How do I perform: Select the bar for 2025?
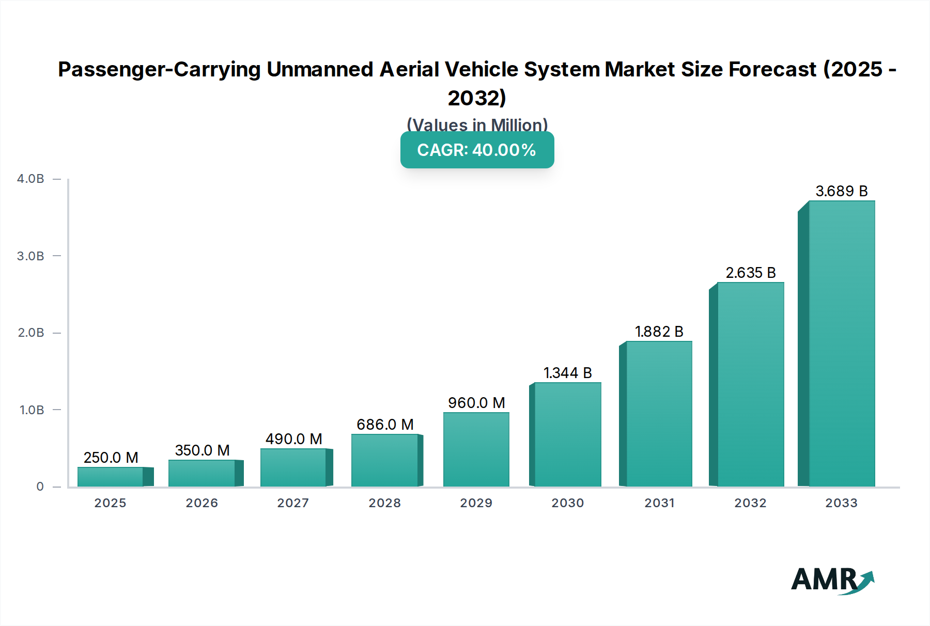pyautogui.click(x=111, y=477)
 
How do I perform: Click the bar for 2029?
pyautogui.click(x=476, y=449)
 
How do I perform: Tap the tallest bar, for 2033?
pyautogui.click(x=842, y=343)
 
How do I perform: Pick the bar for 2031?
pyautogui.click(x=659, y=414)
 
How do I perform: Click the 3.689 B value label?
pyautogui.click(x=842, y=191)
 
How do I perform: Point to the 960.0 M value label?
pyautogui.click(x=476, y=403)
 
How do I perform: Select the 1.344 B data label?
pyautogui.click(x=567, y=373)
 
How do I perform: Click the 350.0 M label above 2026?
pyautogui.click(x=202, y=450)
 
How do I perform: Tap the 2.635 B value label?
pyautogui.click(x=751, y=273)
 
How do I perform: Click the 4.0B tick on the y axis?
pyautogui.click(x=30, y=179)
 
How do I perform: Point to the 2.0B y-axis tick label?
pyautogui.click(x=31, y=333)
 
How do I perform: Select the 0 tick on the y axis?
pyautogui.click(x=40, y=487)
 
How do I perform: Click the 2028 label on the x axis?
pyautogui.click(x=384, y=503)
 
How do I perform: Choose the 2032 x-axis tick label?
pyautogui.click(x=750, y=503)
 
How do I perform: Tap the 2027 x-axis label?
pyautogui.click(x=293, y=503)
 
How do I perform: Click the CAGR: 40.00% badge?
pyautogui.click(x=477, y=150)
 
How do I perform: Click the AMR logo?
pyautogui.click(x=832, y=580)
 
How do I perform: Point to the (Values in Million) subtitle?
pyautogui.click(x=477, y=124)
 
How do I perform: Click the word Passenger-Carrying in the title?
pyautogui.click(x=159, y=69)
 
